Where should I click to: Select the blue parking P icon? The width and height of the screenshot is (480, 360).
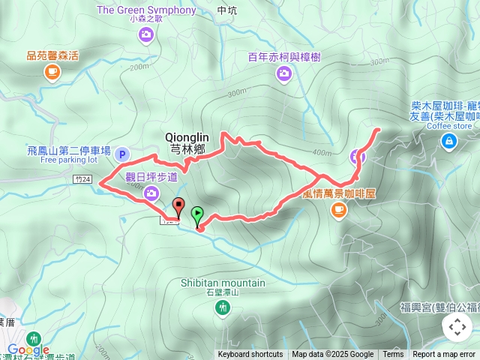pyautogui.click(x=123, y=154)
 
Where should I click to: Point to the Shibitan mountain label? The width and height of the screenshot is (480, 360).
pyautogui.click(x=223, y=283)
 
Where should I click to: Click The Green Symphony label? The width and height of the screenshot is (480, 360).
pyautogui.click(x=146, y=10)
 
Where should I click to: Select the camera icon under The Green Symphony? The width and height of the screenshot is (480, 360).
pyautogui.click(x=146, y=34)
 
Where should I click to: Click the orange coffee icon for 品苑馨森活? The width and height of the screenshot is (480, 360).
pyautogui.click(x=52, y=71)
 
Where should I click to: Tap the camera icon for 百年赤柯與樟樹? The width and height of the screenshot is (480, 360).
pyautogui.click(x=283, y=73)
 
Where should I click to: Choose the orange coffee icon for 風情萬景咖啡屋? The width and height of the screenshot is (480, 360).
pyautogui.click(x=338, y=209)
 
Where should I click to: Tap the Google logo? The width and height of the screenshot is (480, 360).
pyautogui.click(x=28, y=349)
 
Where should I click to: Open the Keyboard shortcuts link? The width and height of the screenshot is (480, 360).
pyautogui.click(x=250, y=355)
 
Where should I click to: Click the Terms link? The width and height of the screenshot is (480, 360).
pyautogui.click(x=393, y=355)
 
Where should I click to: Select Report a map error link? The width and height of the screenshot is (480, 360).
pyautogui.click(x=445, y=355)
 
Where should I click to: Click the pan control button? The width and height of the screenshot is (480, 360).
pyautogui.click(x=457, y=327)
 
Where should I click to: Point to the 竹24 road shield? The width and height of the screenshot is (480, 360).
pyautogui.click(x=83, y=179)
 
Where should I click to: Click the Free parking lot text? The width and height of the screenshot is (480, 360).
pyautogui.click(x=69, y=160)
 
